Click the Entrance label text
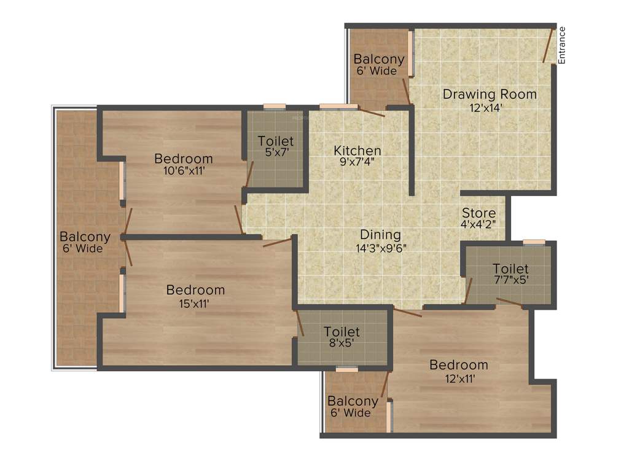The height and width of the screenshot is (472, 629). (561, 45)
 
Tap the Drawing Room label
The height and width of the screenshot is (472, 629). (490, 95)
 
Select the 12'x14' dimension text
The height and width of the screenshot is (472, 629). (490, 107)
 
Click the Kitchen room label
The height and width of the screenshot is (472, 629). (357, 151)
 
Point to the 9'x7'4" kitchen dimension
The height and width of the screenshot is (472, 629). (357, 163)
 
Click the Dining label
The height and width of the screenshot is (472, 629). (380, 235)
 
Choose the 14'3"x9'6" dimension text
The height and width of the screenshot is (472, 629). (380, 248)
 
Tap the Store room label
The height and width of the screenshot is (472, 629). (479, 213)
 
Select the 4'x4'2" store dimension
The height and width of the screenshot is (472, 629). (479, 225)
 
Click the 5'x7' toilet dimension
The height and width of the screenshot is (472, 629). (276, 154)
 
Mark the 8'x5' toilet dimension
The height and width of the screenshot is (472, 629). (342, 344)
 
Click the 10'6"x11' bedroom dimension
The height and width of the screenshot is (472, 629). (183, 171)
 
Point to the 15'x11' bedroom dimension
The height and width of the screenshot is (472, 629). (195, 302)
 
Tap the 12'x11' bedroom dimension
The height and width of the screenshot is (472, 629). (458, 378)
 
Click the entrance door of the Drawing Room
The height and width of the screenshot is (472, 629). (549, 45)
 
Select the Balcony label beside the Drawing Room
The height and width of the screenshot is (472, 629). (379, 60)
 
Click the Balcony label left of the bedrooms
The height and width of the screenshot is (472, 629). (85, 237)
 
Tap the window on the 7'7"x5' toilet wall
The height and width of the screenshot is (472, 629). (534, 242)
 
